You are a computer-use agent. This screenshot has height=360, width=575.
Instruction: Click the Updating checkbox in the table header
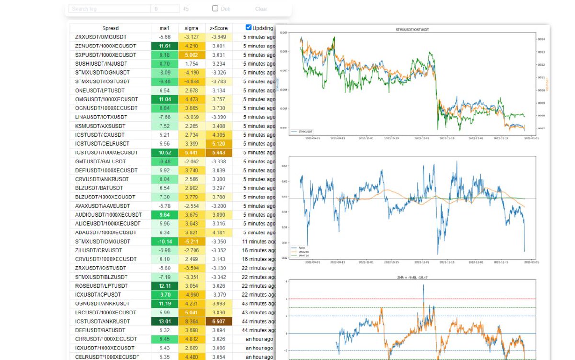(248, 28)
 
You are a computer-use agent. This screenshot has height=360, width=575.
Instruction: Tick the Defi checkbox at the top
(215, 8)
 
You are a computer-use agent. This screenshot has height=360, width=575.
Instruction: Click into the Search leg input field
(109, 9)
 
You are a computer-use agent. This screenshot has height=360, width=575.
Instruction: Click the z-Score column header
(218, 28)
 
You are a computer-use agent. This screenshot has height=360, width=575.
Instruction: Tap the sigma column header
(192, 28)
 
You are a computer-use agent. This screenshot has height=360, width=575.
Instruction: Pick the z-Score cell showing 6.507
(218, 321)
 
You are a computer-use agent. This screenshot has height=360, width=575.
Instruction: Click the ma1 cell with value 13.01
(165, 321)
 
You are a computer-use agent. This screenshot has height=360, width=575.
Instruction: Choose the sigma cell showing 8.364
(192, 321)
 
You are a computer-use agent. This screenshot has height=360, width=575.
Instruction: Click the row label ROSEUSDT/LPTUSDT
(101, 286)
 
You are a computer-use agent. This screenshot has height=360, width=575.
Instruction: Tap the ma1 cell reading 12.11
(165, 286)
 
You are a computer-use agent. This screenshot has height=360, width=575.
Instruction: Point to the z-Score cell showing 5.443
(218, 152)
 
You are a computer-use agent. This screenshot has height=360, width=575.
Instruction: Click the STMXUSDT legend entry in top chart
(305, 131)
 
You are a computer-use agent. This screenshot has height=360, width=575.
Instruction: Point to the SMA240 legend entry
(303, 252)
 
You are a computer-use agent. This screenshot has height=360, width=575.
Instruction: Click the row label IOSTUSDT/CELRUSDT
(102, 144)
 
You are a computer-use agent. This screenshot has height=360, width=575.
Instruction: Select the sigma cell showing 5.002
(192, 55)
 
